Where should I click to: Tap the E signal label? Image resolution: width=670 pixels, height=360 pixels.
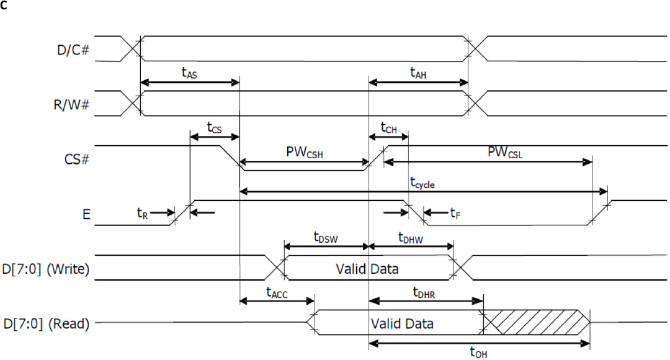[x=86, y=215]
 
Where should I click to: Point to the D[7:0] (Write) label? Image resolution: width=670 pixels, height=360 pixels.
[x=49, y=269]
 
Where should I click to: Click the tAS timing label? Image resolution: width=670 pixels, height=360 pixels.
[x=189, y=72]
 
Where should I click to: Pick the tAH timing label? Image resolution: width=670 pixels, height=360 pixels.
[x=419, y=72]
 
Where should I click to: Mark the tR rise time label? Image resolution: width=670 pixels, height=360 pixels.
[x=142, y=212]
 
